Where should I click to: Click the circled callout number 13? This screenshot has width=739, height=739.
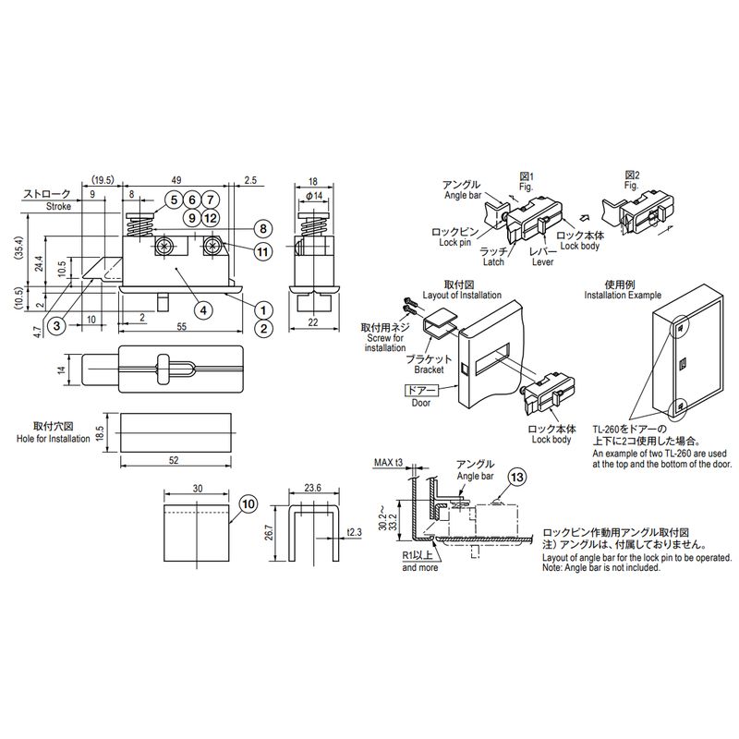click(x=517, y=477)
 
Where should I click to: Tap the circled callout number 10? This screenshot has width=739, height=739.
click(x=248, y=504)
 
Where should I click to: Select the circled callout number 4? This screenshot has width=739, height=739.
click(x=203, y=310)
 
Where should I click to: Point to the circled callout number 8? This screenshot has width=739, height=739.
click(x=263, y=229)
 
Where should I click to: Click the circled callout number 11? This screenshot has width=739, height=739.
click(x=262, y=252)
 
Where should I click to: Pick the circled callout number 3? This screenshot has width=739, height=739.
click(x=57, y=326)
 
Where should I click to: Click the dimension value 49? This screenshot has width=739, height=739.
click(x=176, y=180)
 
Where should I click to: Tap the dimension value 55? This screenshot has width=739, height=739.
click(x=182, y=326)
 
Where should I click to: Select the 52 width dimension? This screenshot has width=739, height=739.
click(x=174, y=460)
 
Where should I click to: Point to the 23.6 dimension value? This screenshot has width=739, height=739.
click(x=313, y=488)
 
